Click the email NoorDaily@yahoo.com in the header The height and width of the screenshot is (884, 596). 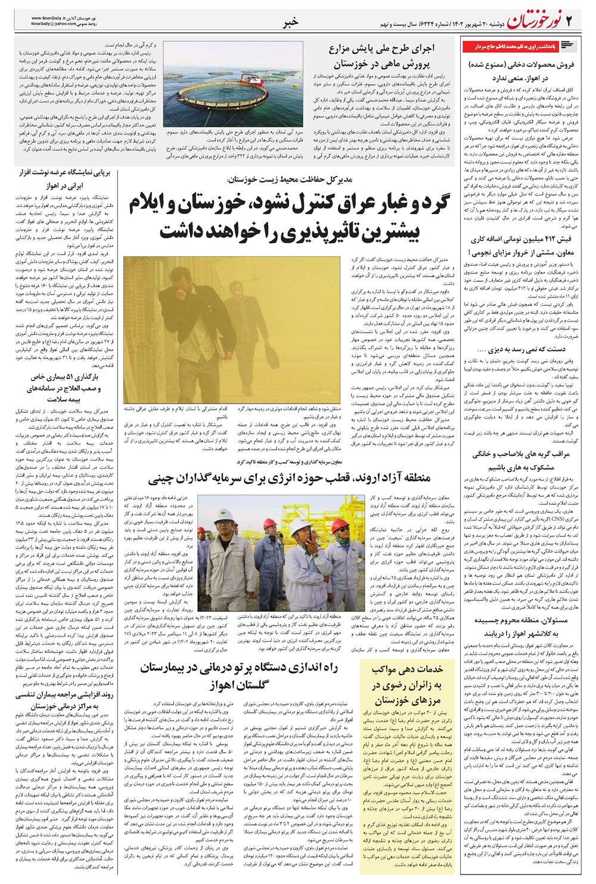click(51, 26)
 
